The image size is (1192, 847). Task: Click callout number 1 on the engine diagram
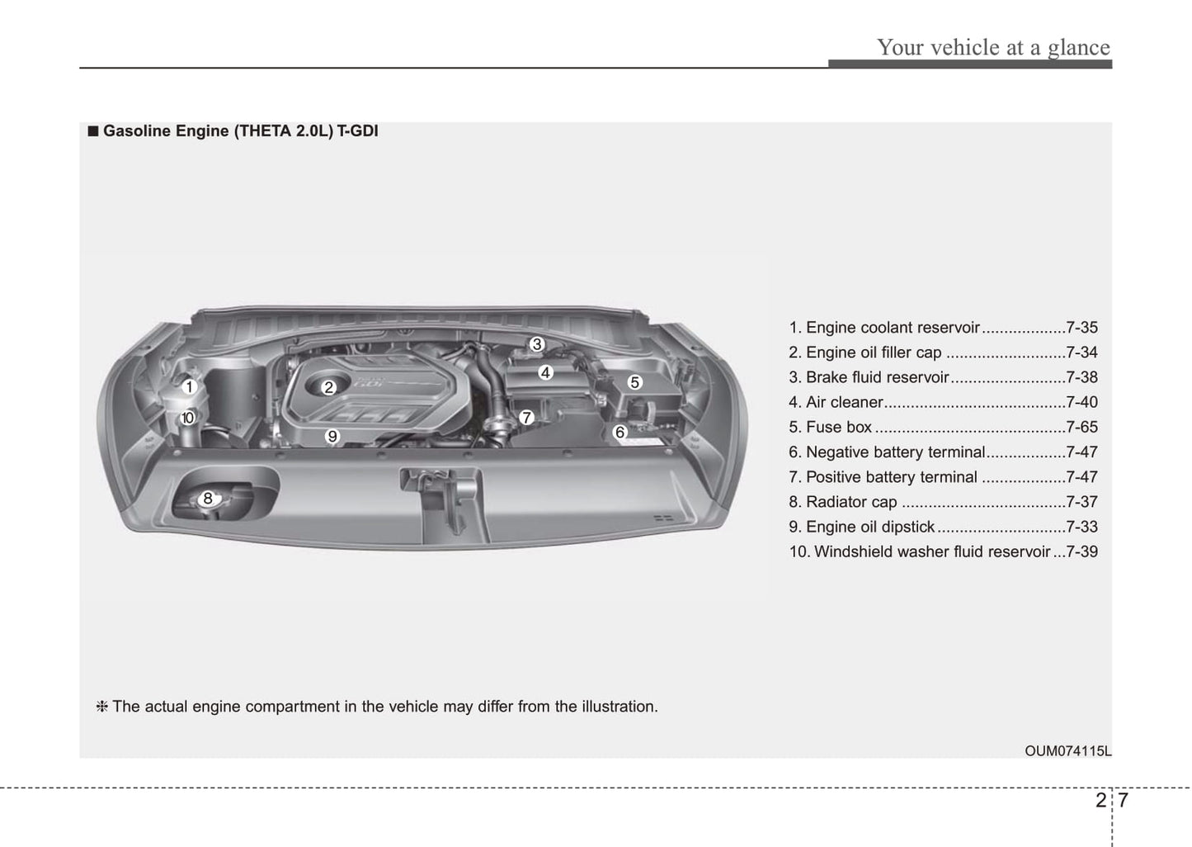[189, 386]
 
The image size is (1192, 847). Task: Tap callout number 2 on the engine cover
[328, 387]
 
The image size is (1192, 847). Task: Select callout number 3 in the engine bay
[536, 344]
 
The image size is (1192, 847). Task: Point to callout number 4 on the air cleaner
[545, 372]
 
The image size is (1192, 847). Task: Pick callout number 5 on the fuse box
[634, 382]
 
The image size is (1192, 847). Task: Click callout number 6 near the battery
[620, 432]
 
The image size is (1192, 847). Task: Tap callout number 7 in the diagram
[526, 418]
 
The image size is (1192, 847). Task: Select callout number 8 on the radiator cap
[208, 498]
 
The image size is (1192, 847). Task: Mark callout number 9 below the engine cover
[332, 436]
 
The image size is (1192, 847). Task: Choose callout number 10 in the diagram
[188, 418]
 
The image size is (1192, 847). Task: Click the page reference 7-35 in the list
[1081, 328]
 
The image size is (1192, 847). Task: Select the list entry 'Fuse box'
[839, 427]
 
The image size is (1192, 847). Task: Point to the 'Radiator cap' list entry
[851, 502]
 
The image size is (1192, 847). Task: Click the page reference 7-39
[1081, 551]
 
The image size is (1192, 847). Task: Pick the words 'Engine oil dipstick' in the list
[870, 527]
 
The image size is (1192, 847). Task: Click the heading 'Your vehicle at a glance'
[993, 47]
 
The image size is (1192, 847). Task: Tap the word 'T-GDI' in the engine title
[357, 130]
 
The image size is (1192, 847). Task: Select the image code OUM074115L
[1067, 751]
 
